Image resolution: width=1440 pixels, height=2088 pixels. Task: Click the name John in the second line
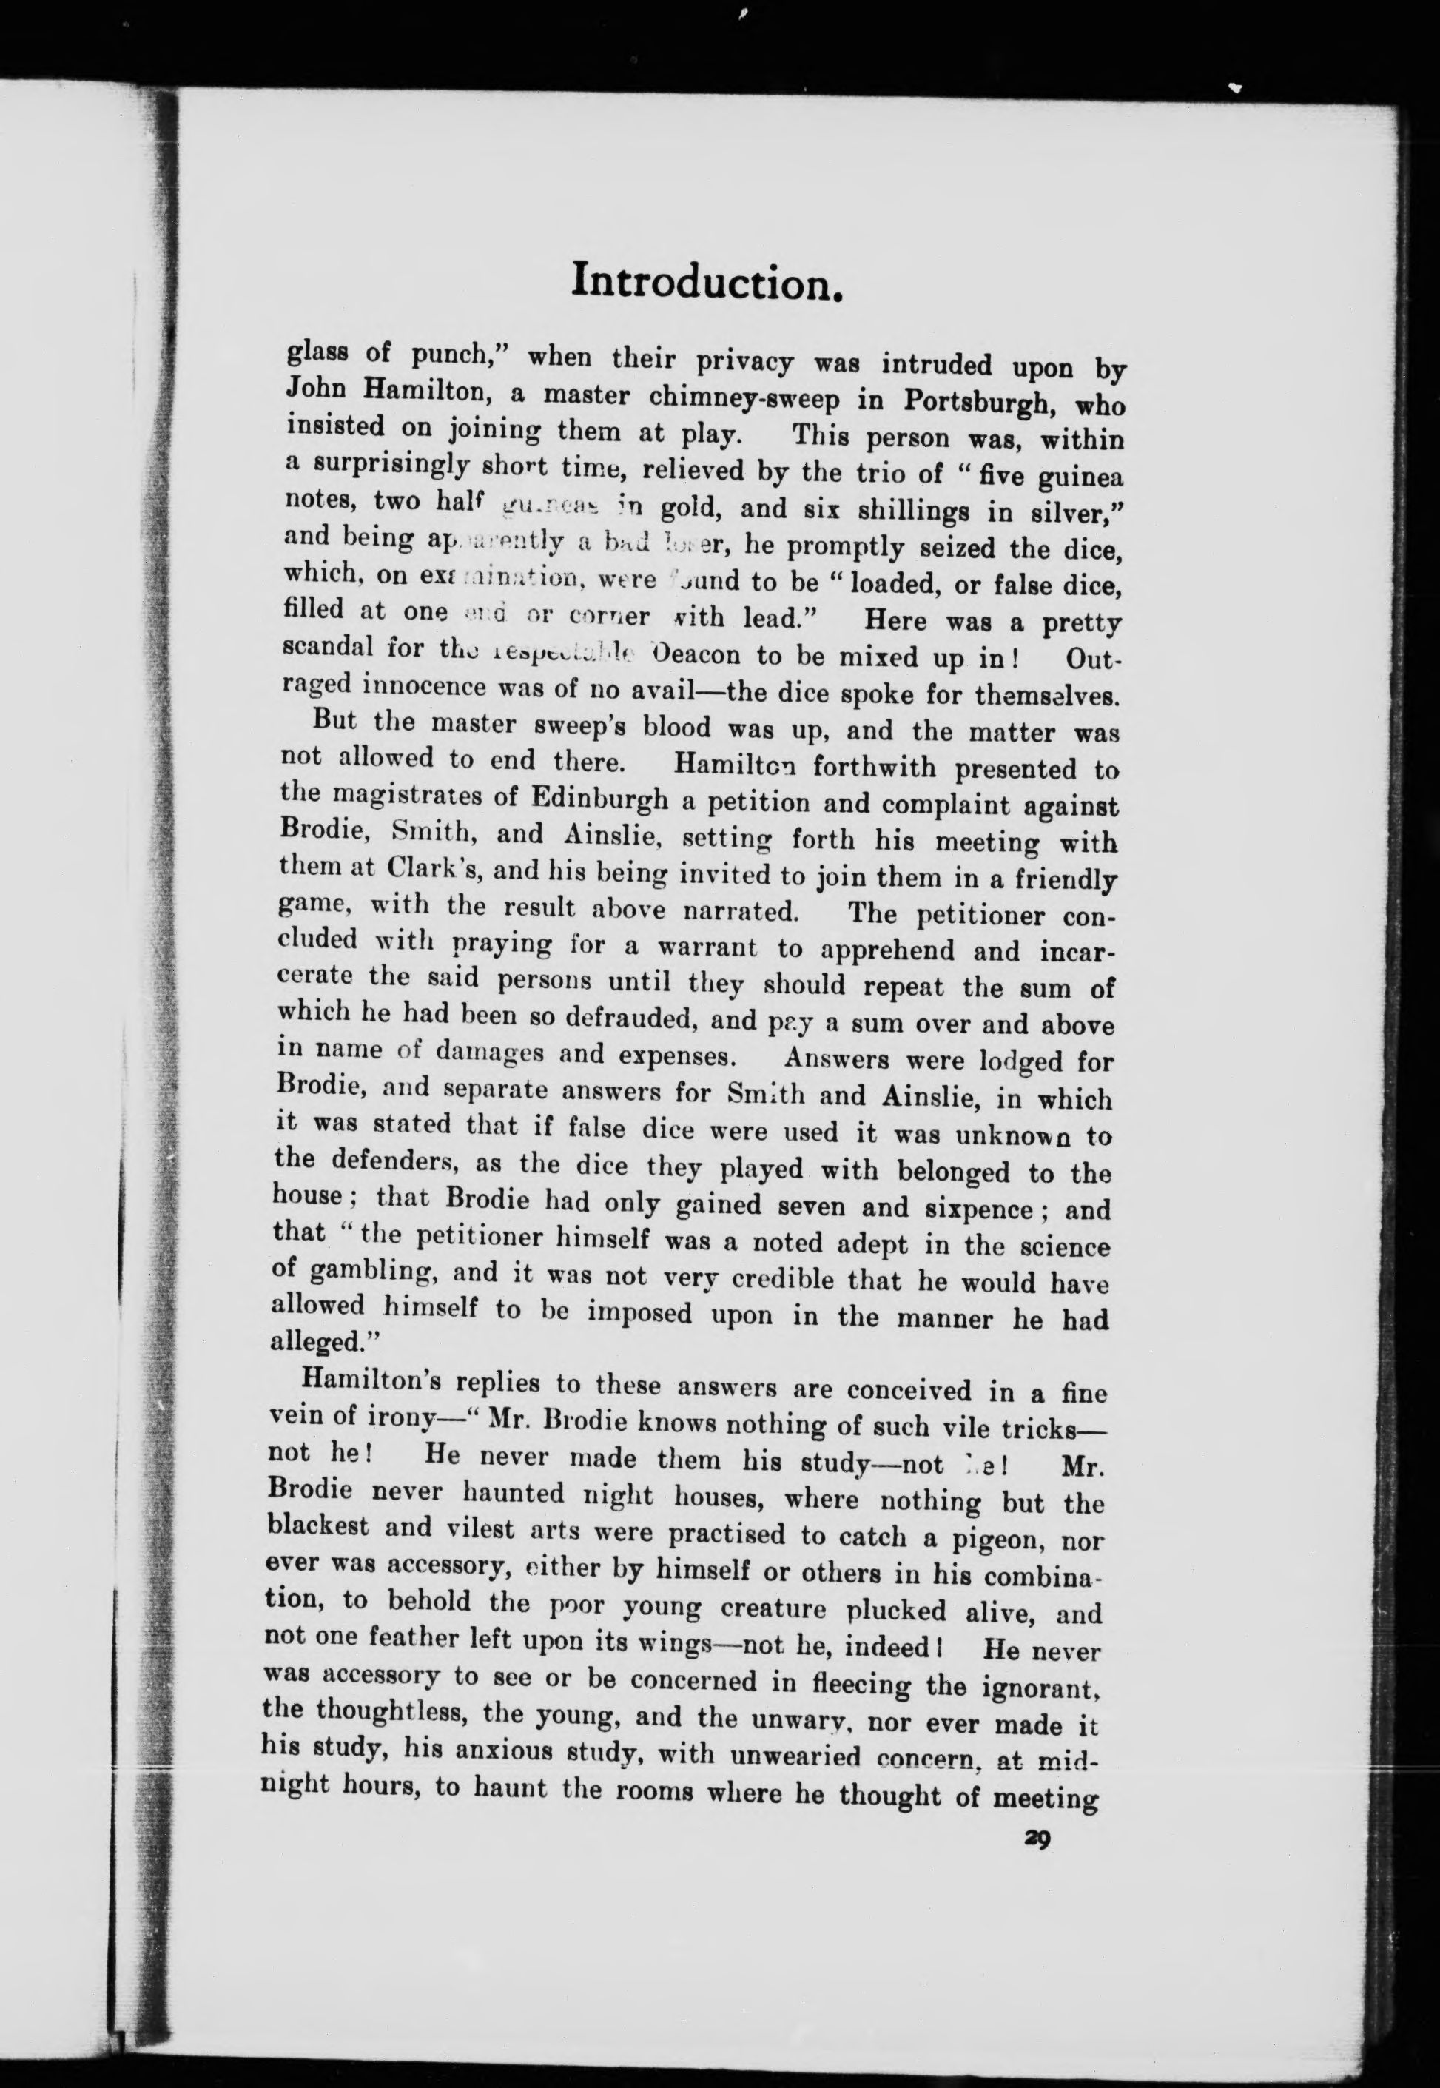tap(317, 388)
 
